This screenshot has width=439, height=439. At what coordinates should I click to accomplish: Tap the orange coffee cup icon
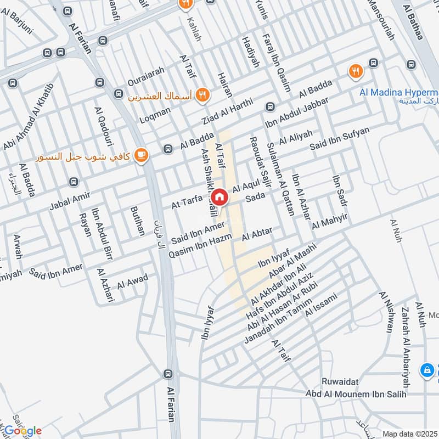(x=142, y=156)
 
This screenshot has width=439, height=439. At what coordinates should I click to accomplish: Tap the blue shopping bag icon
(x=426, y=371)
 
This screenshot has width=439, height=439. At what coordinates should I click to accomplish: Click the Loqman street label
(x=155, y=112)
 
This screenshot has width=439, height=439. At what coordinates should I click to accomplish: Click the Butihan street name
(x=137, y=221)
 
